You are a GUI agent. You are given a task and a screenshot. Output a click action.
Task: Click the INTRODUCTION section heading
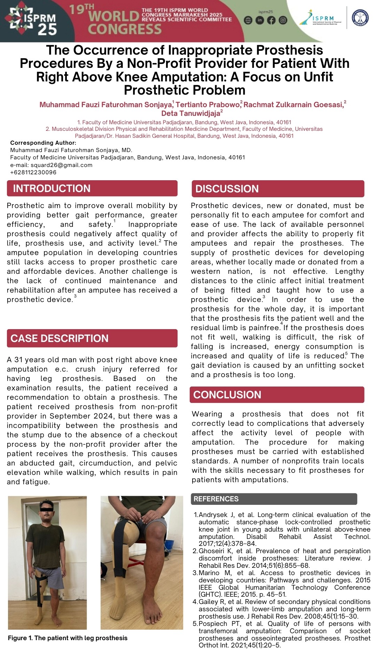pyautogui.click(x=52, y=189)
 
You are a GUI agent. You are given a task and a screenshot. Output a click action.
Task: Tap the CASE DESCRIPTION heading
pyautogui.click(x=59, y=338)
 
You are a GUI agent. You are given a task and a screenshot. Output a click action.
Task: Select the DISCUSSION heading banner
pyautogui.click(x=227, y=189)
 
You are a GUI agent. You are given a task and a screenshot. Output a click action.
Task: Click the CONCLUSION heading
pyautogui.click(x=227, y=395)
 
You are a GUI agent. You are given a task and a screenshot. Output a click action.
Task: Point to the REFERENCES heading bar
pyautogui.click(x=216, y=499)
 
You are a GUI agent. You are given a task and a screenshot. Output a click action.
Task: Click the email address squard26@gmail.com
pyautogui.click(x=61, y=165)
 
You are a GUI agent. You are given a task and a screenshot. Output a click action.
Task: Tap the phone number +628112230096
pyautogui.click(x=33, y=172)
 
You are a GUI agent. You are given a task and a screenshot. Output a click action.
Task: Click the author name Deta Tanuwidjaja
pyautogui.click(x=191, y=113)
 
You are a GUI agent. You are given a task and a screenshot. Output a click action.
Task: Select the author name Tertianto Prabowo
pyautogui.click(x=208, y=105)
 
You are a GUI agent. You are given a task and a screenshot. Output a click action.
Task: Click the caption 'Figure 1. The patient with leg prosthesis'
pyautogui.click(x=68, y=638)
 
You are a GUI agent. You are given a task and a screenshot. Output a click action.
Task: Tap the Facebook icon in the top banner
pyautogui.click(x=271, y=20)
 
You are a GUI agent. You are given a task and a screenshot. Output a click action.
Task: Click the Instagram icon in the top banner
pyautogui.click(x=283, y=20)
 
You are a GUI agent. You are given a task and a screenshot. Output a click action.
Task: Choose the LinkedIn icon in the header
pyautogui.click(x=260, y=20)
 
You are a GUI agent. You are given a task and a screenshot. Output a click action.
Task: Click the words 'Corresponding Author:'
pyautogui.click(x=43, y=143)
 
